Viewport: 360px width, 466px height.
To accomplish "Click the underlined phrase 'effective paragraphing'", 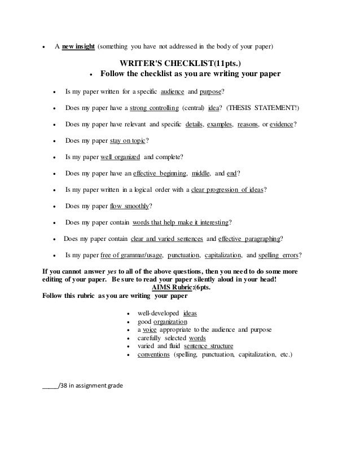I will [x=249, y=238].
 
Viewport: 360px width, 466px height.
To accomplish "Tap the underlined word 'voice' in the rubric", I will [x=149, y=330].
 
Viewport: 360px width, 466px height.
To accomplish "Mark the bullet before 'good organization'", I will [x=131, y=322].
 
